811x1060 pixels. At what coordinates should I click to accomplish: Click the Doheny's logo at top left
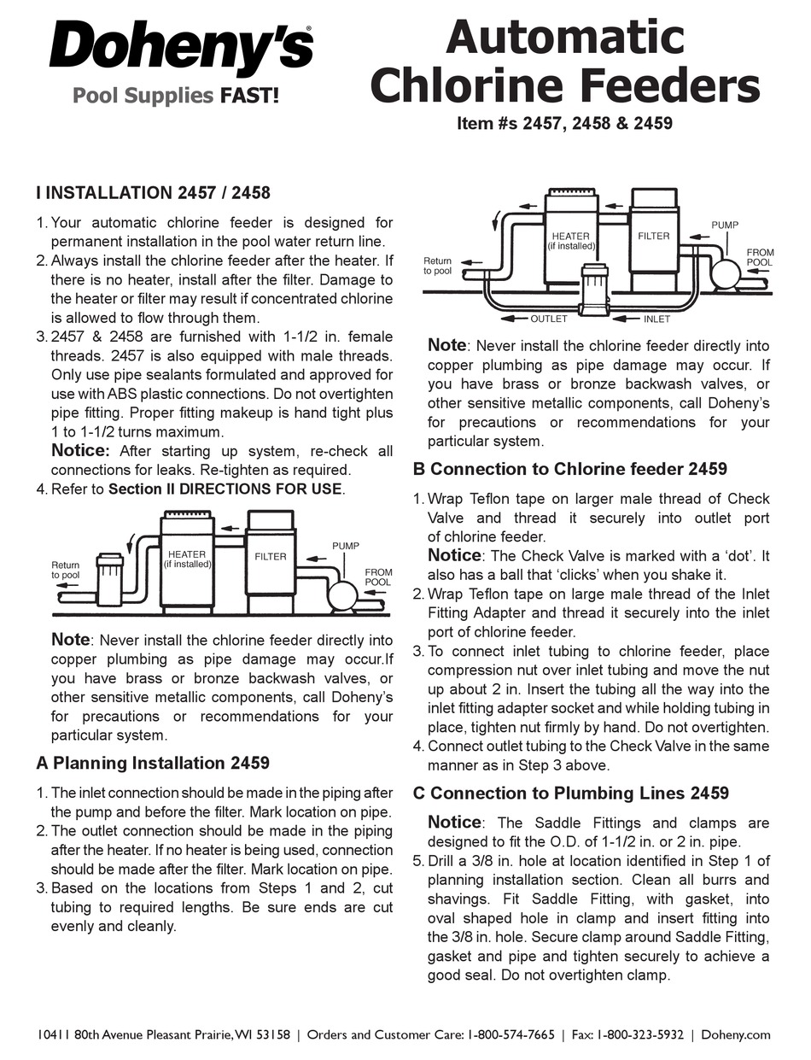(181, 48)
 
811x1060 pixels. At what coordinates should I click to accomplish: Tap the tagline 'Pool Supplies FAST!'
(175, 95)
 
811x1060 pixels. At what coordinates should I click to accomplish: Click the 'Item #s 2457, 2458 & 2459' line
(564, 123)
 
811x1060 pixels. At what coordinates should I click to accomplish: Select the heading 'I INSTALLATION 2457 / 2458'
(153, 193)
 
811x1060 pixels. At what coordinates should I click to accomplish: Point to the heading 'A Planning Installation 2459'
(153, 763)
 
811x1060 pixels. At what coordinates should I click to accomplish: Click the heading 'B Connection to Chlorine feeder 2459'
(569, 469)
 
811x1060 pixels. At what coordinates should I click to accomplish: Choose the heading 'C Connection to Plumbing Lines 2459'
(570, 793)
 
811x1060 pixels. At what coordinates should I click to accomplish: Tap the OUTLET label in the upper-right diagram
(548, 319)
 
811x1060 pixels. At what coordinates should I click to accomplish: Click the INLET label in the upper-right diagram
(656, 319)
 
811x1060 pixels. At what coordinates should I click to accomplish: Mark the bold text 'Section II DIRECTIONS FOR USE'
(225, 489)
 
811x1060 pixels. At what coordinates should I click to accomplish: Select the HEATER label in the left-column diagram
(187, 555)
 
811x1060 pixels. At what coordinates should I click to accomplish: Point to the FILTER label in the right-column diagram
(654, 236)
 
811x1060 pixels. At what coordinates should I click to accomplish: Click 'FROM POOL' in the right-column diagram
(758, 257)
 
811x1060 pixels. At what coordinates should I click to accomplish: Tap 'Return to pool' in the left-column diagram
(66, 571)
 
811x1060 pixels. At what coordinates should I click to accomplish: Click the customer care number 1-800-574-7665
(511, 1034)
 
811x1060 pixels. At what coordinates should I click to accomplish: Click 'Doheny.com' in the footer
(735, 1034)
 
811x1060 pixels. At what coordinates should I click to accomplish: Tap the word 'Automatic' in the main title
(565, 38)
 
